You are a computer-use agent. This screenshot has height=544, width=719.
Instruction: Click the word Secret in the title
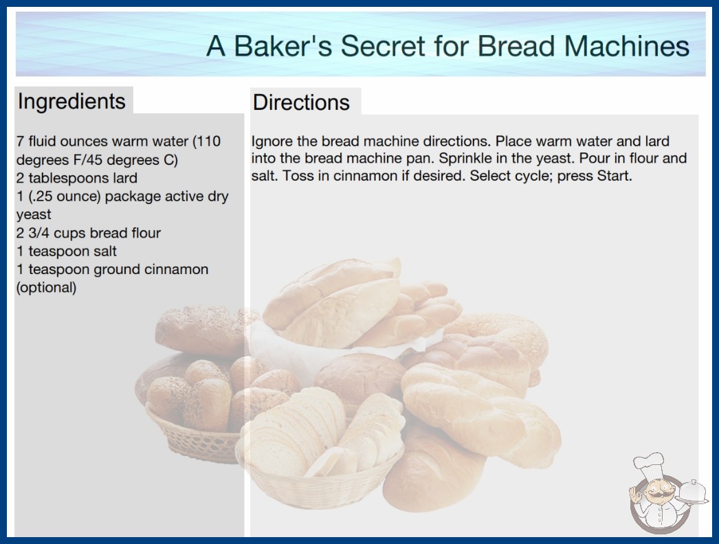pyautogui.click(x=383, y=46)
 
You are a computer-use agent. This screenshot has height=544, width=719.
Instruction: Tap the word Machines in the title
pyautogui.click(x=626, y=46)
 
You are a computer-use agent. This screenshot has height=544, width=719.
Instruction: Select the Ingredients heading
pyautogui.click(x=71, y=101)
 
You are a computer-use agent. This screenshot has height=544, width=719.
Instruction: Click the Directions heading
pyautogui.click(x=301, y=102)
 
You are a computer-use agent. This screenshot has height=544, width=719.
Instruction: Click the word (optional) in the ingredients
pyautogui.click(x=46, y=288)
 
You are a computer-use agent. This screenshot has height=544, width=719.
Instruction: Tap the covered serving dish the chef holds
pyautogui.click(x=693, y=492)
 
